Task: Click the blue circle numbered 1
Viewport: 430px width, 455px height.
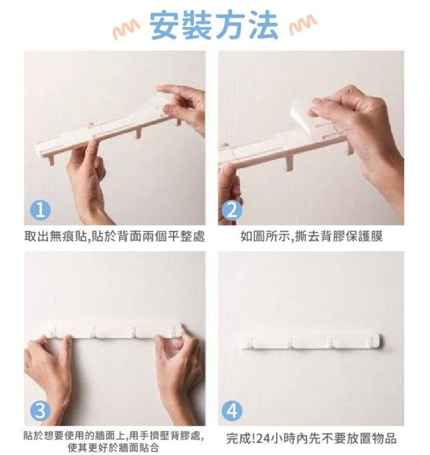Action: pyautogui.click(x=41, y=210)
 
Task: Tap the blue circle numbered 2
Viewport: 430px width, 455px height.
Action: pyautogui.click(x=232, y=210)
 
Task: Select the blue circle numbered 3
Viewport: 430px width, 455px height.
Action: pyautogui.click(x=41, y=411)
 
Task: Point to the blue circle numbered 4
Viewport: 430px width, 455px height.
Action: pyautogui.click(x=232, y=411)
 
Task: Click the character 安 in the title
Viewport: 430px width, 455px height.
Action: pyautogui.click(x=164, y=25)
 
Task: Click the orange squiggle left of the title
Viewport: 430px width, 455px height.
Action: pyautogui.click(x=127, y=30)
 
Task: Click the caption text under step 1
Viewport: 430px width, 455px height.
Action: pyautogui.click(x=115, y=236)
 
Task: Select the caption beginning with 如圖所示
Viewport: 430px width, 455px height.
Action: pyautogui.click(x=311, y=236)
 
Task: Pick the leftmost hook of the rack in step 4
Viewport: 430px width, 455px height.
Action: pyautogui.click(x=250, y=342)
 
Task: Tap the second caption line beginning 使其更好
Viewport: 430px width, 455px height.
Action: pyautogui.click(x=113, y=447)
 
